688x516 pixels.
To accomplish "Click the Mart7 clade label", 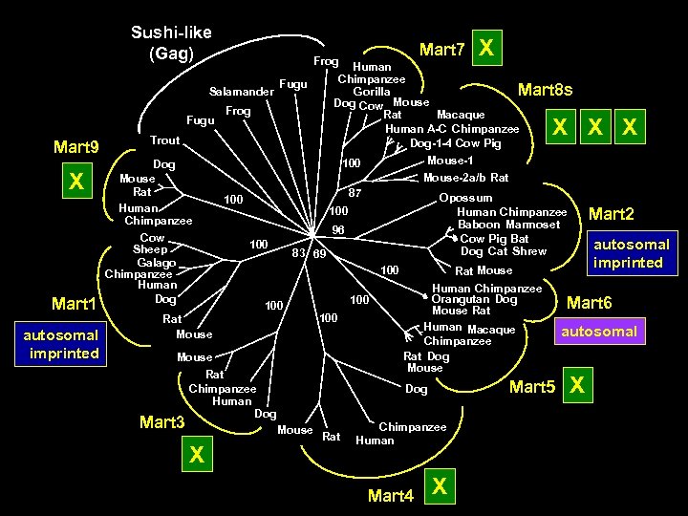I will pyautogui.click(x=442, y=49).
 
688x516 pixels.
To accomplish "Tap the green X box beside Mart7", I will pyautogui.click(x=486, y=47).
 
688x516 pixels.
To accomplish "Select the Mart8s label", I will pyautogui.click(x=545, y=91).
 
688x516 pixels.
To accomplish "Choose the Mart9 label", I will pyautogui.click(x=76, y=147).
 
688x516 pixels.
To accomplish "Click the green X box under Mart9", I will pyautogui.click(x=77, y=182).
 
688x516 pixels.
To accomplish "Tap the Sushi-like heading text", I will pyautogui.click(x=171, y=32).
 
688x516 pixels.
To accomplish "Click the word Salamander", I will pyautogui.click(x=239, y=92).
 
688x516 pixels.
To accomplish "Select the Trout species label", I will pyautogui.click(x=165, y=140).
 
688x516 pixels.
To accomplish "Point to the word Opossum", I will pyautogui.click(x=465, y=198).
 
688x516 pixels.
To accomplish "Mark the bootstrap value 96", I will pyautogui.click(x=337, y=229).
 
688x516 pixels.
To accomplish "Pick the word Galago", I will pyautogui.click(x=156, y=263).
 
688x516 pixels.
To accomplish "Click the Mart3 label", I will pyautogui.click(x=161, y=421).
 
